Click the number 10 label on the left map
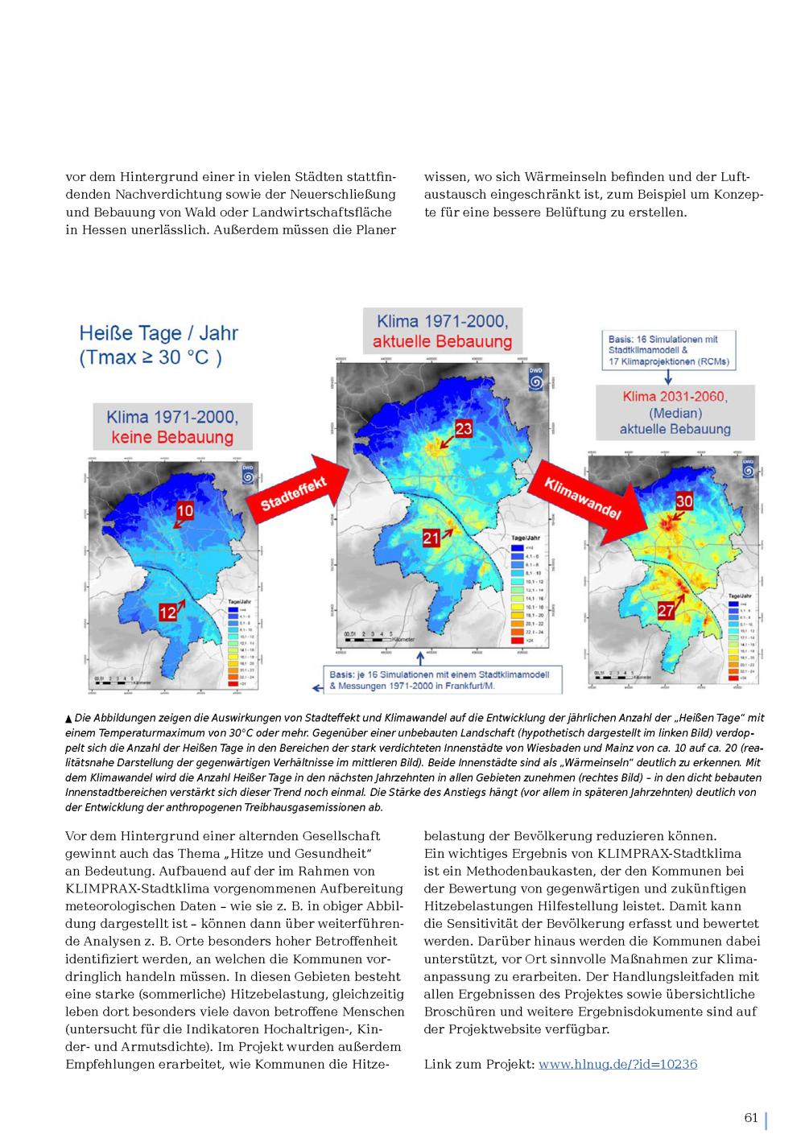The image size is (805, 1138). pyautogui.click(x=185, y=510)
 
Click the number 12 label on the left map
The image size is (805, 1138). pyautogui.click(x=167, y=612)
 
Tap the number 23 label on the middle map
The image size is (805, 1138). pyautogui.click(x=463, y=428)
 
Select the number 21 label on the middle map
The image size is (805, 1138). pyautogui.click(x=431, y=537)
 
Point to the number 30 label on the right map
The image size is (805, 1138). pyautogui.click(x=683, y=501)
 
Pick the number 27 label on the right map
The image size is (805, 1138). pyautogui.click(x=665, y=611)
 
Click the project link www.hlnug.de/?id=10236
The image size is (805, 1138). pyautogui.click(x=617, y=1064)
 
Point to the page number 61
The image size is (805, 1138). pyautogui.click(x=751, y=1117)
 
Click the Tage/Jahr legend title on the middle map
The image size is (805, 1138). pyautogui.click(x=526, y=538)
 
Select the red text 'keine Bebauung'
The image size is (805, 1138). pyautogui.click(x=172, y=438)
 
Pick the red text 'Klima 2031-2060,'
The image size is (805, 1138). pyautogui.click(x=675, y=397)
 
